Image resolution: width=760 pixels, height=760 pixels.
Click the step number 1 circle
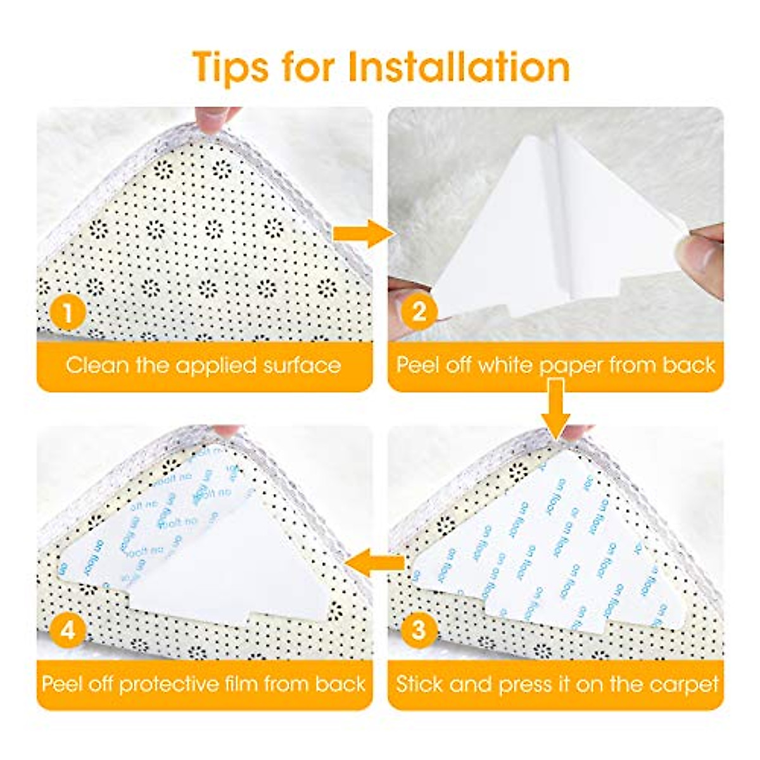66,312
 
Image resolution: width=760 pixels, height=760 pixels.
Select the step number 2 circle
418,312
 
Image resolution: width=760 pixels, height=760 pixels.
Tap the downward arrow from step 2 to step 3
555,408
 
